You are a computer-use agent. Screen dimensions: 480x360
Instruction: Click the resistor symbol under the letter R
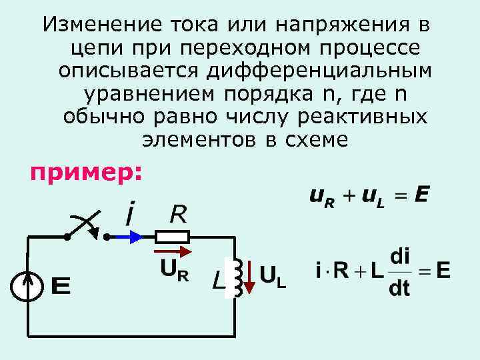(x=173, y=236)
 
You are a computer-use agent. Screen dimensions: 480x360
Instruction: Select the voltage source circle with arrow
(x=27, y=286)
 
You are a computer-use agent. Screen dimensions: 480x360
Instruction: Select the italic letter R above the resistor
(x=178, y=214)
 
